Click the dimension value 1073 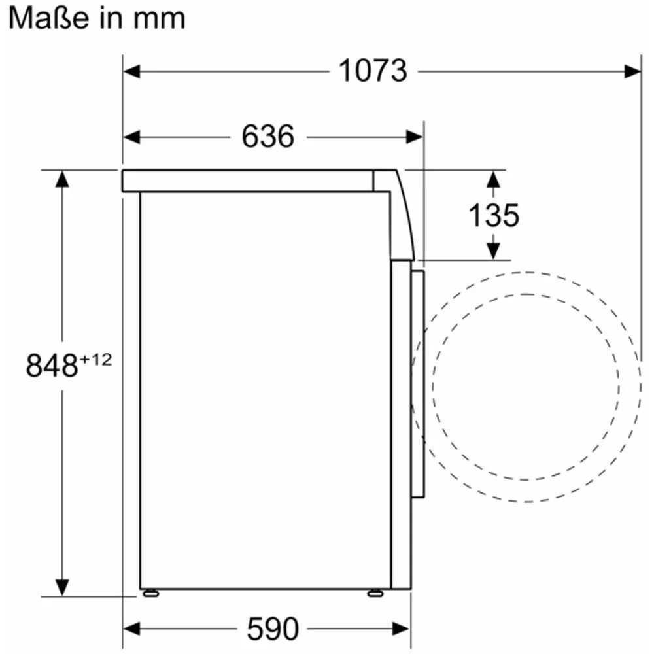pos(373,71)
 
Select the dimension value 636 pos(267,137)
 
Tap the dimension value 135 pos(493,215)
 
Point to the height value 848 pos(52,366)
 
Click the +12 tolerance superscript pos(96,359)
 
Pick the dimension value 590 pos(273,628)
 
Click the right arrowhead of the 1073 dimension pos(632,71)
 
